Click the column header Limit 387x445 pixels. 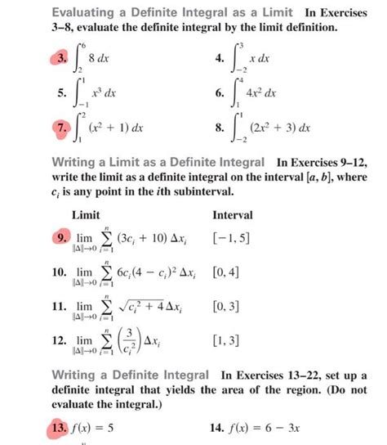(x=87, y=214)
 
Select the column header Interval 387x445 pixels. (x=233, y=214)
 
